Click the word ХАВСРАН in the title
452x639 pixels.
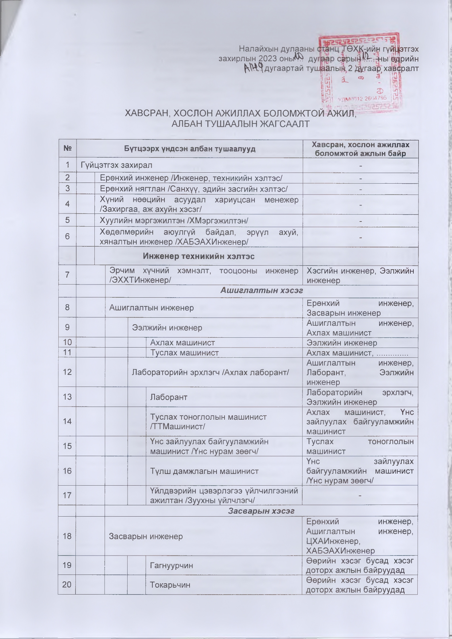coord(144,113)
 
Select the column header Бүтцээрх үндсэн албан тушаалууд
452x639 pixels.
coord(189,149)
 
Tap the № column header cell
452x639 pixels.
coord(67,149)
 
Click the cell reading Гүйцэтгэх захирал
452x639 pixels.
coord(116,165)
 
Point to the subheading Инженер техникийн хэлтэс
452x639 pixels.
coord(199,256)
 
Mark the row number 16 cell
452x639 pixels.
coord(67,471)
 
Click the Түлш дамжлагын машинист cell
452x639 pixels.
coord(204,471)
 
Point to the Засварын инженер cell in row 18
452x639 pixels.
coord(146,536)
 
